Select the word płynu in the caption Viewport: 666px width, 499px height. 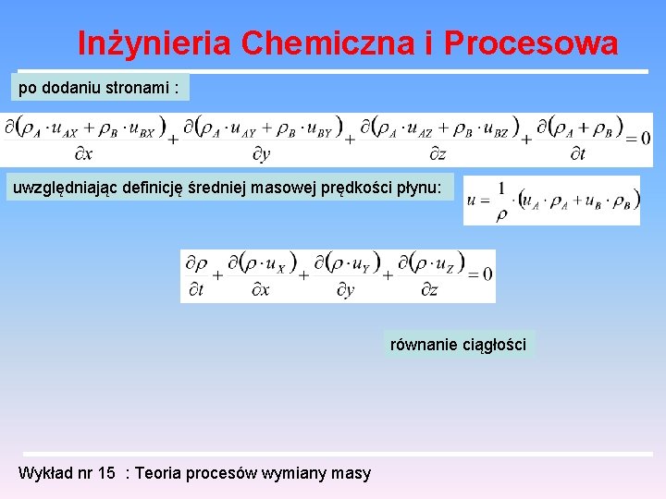(422, 189)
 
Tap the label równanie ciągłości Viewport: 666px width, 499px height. (458, 345)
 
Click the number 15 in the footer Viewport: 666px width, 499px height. (107, 473)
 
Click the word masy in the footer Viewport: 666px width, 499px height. (352, 473)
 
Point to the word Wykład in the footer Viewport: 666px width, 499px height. (43, 473)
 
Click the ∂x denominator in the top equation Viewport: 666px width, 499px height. (82, 154)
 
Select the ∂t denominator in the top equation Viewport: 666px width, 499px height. (576, 154)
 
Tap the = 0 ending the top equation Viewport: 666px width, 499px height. (639, 139)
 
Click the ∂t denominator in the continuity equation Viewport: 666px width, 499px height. (196, 289)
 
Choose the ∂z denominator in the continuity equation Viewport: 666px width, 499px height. (429, 289)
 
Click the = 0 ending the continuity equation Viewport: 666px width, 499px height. (480, 274)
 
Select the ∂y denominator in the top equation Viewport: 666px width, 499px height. (261, 154)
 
